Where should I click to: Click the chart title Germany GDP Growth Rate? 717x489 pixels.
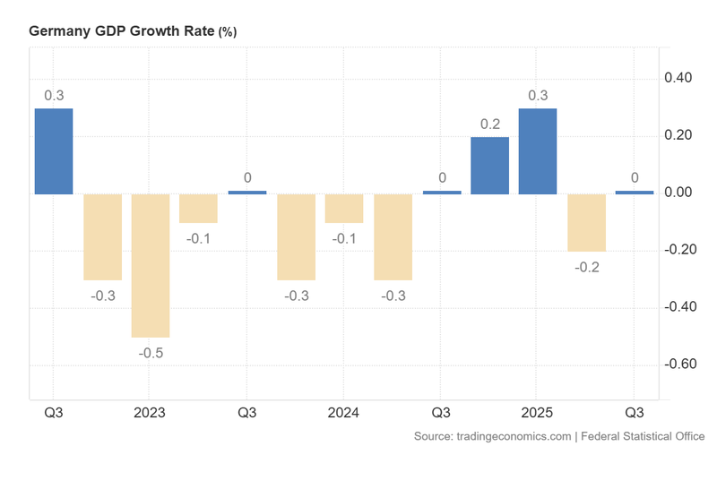pyautogui.click(x=121, y=30)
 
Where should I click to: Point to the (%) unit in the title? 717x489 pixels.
pyautogui.click(x=228, y=31)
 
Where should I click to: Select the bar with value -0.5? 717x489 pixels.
pyautogui.click(x=151, y=265)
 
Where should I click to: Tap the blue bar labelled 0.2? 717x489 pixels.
pyautogui.click(x=489, y=166)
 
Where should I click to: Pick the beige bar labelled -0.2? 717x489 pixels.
pyautogui.click(x=586, y=222)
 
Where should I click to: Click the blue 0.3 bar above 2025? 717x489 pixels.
pyautogui.click(x=538, y=151)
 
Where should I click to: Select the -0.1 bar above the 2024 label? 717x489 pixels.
pyautogui.click(x=344, y=208)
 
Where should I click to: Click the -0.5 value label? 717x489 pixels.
pyautogui.click(x=151, y=353)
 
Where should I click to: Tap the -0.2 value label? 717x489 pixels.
pyautogui.click(x=586, y=267)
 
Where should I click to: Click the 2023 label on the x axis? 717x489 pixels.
pyautogui.click(x=150, y=413)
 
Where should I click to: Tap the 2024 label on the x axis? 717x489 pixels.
pyautogui.click(x=343, y=413)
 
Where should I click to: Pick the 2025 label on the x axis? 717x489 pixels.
pyautogui.click(x=537, y=413)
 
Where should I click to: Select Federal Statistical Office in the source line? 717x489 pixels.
pyautogui.click(x=643, y=436)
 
